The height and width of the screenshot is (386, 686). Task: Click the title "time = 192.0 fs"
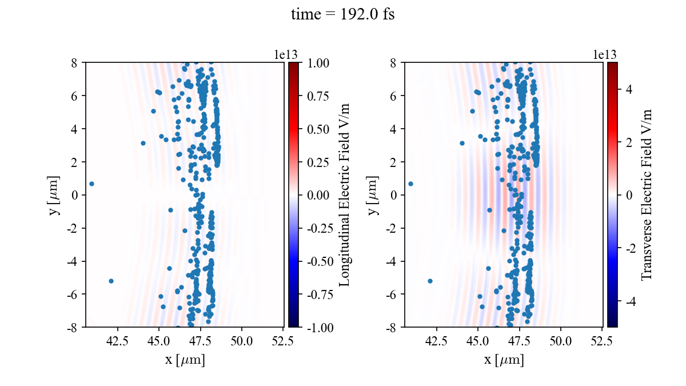click(342, 15)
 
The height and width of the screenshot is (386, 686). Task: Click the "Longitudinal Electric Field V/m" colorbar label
click(345, 194)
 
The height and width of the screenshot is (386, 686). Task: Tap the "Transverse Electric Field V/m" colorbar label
click(647, 194)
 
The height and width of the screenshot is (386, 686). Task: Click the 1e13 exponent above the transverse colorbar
click(605, 54)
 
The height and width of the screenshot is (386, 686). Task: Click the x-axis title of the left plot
click(185, 360)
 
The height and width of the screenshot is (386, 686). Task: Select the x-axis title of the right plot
click(504, 360)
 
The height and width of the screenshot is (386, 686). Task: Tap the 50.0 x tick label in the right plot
click(561, 341)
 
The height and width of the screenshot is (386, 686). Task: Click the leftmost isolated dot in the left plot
click(91, 184)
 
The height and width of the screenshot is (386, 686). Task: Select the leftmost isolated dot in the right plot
click(410, 184)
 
